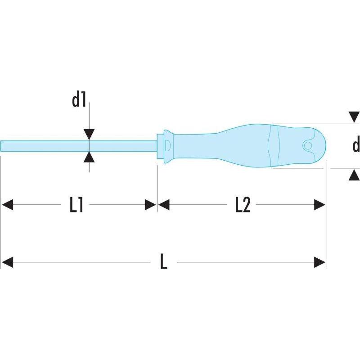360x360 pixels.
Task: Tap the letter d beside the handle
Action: point(356,145)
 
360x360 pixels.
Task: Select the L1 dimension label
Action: point(76,205)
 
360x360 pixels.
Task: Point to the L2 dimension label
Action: point(242,205)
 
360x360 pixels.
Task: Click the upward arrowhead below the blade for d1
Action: point(90,157)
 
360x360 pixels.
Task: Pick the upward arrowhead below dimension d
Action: point(354,175)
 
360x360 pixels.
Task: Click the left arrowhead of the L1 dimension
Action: point(7,205)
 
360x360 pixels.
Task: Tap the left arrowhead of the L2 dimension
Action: point(163,205)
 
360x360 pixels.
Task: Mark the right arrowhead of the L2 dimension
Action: point(320,205)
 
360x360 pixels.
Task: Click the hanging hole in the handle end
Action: point(308,146)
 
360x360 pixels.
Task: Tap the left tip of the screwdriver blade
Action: point(3,146)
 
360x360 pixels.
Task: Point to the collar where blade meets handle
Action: point(164,146)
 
